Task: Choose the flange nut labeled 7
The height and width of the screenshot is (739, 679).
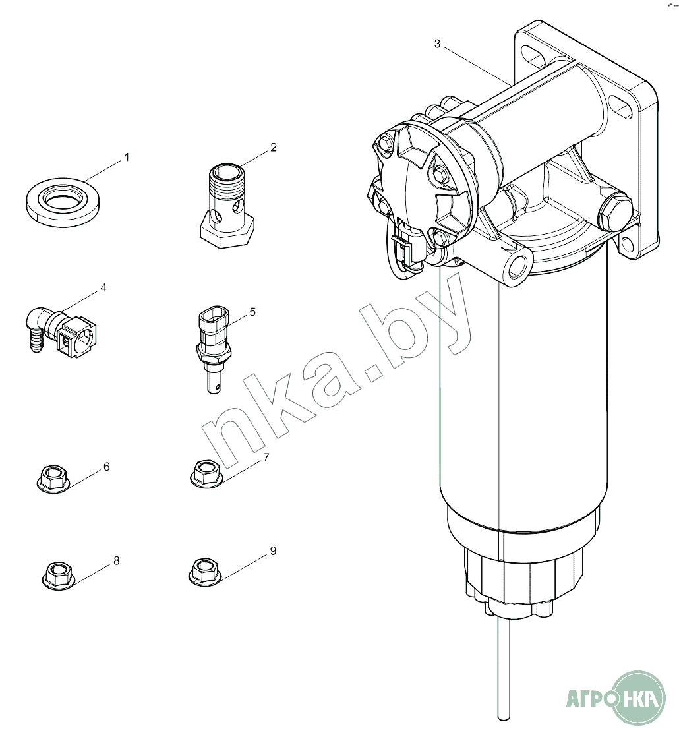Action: click(206, 472)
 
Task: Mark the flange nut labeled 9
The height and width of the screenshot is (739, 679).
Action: click(205, 571)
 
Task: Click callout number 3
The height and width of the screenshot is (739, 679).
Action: click(437, 44)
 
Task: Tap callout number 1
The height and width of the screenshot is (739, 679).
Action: click(127, 158)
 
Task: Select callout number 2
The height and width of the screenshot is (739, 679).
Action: click(274, 148)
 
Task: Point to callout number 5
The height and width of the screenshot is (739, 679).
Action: click(252, 312)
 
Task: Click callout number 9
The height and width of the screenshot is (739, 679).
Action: click(274, 551)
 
